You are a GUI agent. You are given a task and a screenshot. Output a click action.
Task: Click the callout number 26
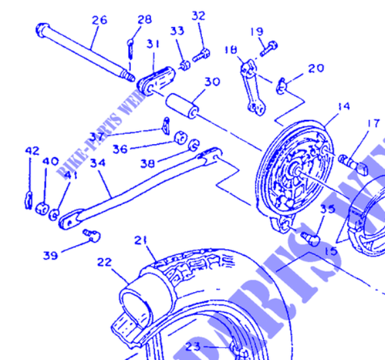[x=99, y=20]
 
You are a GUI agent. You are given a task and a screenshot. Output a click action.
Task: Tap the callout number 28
[x=145, y=20]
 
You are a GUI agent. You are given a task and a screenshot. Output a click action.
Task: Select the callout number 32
[x=199, y=16]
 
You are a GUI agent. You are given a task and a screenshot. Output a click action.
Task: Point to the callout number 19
[x=257, y=31]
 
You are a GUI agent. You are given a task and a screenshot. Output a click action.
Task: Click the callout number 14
[x=344, y=106]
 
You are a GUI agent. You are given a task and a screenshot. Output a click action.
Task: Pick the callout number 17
[x=373, y=123]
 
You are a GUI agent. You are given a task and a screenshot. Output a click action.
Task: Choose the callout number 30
[x=212, y=83]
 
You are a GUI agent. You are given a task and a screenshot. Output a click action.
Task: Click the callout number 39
[x=51, y=255]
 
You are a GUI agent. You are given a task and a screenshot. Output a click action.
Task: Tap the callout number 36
[x=119, y=149]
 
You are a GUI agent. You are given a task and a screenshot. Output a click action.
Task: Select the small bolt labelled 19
[x=269, y=47]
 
